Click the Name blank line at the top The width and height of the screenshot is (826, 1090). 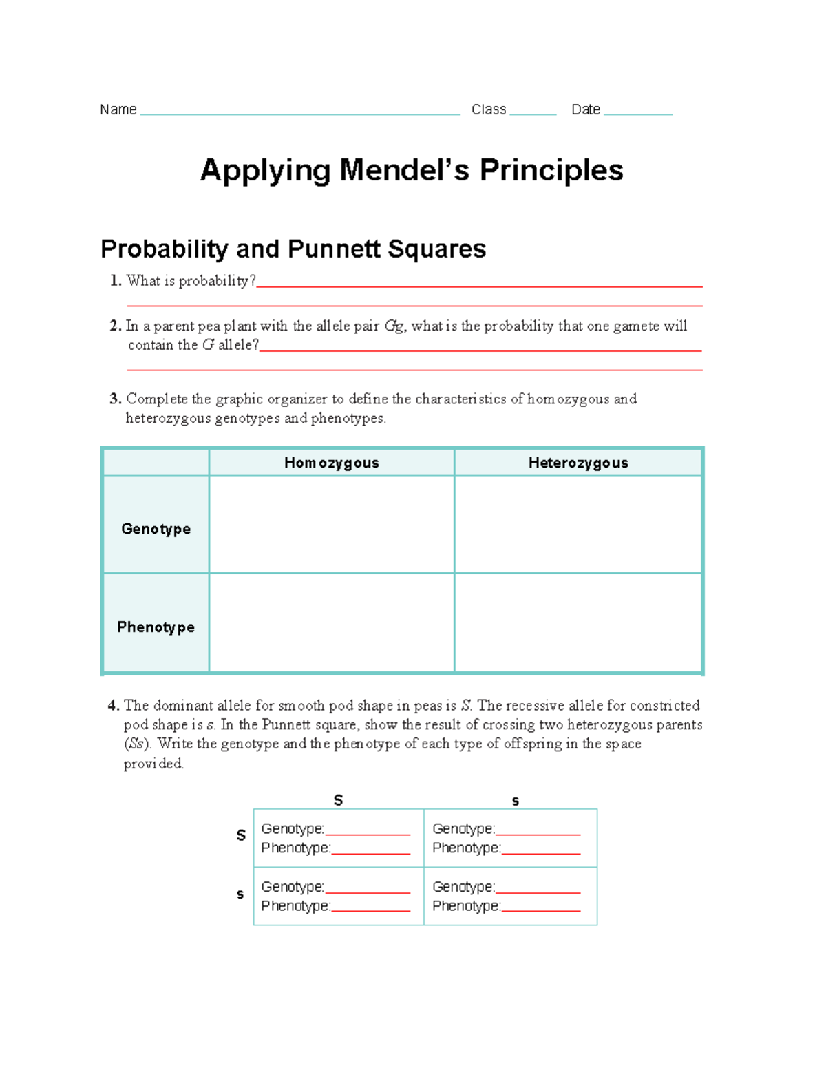tap(300, 112)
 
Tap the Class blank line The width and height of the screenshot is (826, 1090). tap(533, 112)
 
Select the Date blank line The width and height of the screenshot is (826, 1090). tap(637, 112)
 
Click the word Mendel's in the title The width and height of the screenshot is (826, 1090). tap(405, 170)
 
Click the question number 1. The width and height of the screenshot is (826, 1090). tap(115, 281)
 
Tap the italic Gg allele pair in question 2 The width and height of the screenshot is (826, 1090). tap(394, 326)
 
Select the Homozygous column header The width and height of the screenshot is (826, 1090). tap(331, 463)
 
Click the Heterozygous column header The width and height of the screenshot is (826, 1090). tap(578, 463)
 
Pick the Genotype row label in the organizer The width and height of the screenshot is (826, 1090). tap(156, 529)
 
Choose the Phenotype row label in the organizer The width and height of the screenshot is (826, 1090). tap(156, 627)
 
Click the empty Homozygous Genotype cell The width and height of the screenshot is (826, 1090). tap(331, 524)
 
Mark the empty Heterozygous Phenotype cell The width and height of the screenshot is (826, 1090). tap(578, 622)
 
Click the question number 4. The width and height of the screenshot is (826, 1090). tap(114, 706)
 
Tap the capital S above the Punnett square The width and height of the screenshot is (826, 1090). tap(338, 800)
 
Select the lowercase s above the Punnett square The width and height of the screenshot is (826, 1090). tap(516, 801)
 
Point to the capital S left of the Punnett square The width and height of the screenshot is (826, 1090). tap(241, 835)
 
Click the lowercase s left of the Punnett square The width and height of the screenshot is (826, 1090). tap(240, 894)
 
